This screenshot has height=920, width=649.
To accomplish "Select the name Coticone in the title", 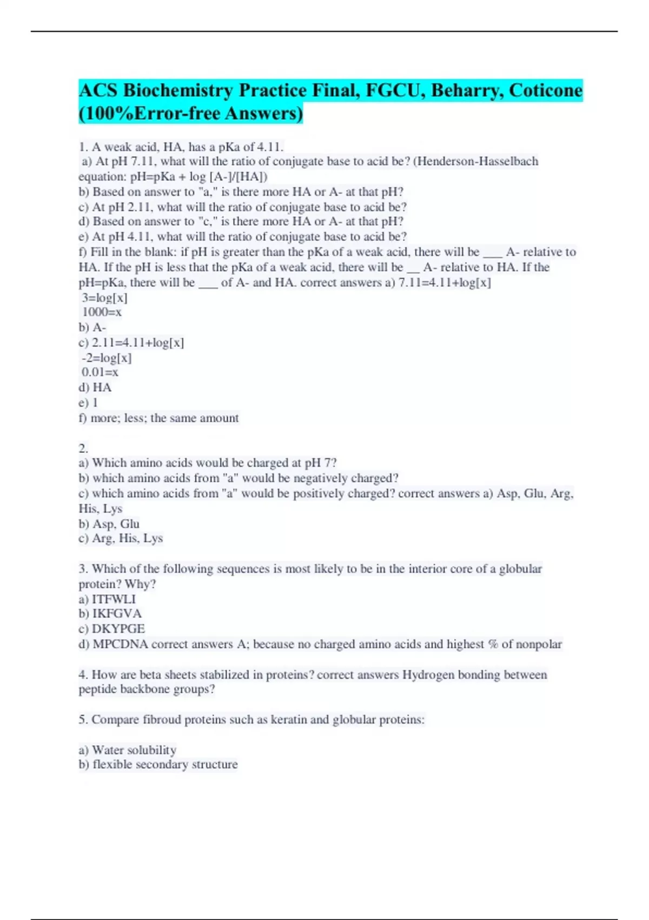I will [x=545, y=90].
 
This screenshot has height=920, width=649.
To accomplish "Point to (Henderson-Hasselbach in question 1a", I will [x=475, y=161].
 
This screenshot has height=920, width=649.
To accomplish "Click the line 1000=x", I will [x=102, y=312].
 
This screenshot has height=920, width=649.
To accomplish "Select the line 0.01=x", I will [x=100, y=372].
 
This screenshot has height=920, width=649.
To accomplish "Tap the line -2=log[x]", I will [x=107, y=358].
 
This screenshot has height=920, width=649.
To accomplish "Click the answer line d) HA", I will [x=95, y=387].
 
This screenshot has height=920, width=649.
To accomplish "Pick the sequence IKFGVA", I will [x=117, y=614].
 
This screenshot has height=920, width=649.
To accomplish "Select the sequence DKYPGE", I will [x=118, y=629].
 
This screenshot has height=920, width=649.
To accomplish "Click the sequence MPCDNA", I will [x=120, y=644].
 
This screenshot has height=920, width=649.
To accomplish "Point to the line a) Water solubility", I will [x=128, y=750].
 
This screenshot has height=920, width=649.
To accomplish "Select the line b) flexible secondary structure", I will [x=158, y=765].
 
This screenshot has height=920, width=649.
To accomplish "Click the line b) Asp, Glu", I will [x=109, y=524].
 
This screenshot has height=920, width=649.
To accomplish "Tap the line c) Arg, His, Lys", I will [x=121, y=538].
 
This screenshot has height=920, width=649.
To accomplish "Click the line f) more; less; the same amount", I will [x=159, y=418].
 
